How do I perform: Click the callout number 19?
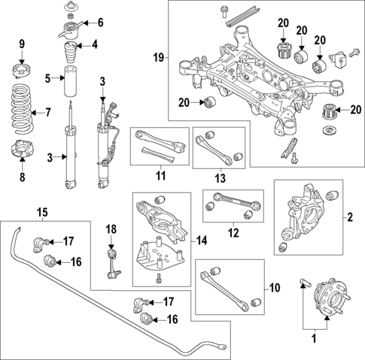157,56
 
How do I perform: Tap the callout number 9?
22,43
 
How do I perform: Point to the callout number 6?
101,22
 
